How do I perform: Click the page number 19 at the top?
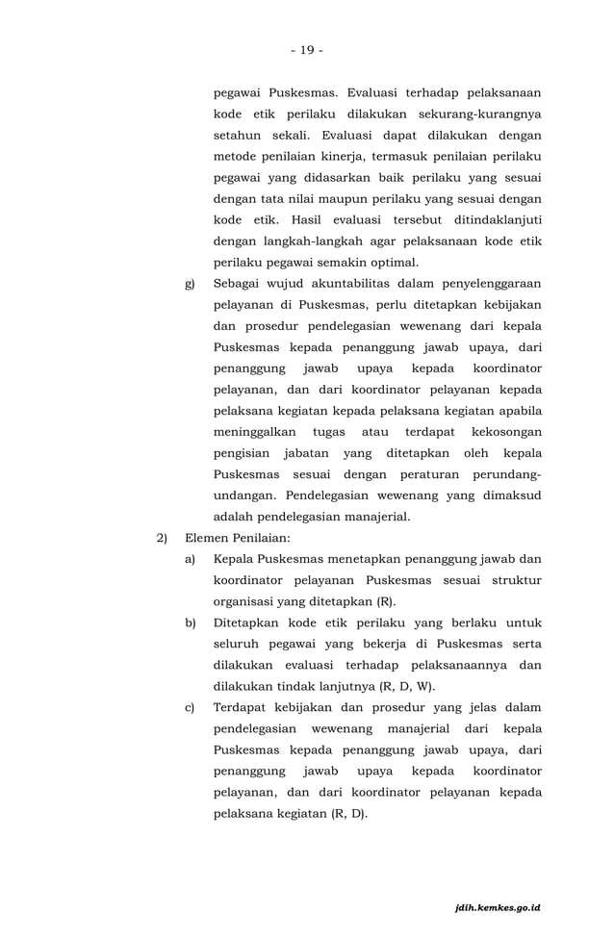click(x=307, y=50)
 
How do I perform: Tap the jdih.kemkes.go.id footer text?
click(x=499, y=907)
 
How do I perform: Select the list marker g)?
click(x=190, y=284)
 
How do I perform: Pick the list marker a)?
click(x=190, y=560)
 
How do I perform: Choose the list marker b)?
click(x=190, y=623)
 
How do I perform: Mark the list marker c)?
click(x=190, y=708)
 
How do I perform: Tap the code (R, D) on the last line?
click(x=349, y=814)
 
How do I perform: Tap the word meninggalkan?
click(x=254, y=432)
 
